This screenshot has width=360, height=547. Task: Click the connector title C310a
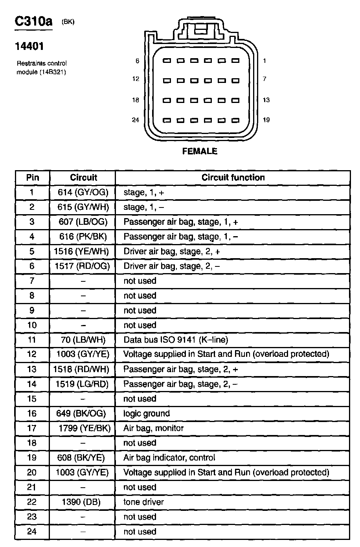pyautogui.click(x=33, y=21)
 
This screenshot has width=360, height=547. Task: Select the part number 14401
pyautogui.click(x=29, y=46)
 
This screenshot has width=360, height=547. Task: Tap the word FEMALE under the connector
pyautogui.click(x=200, y=151)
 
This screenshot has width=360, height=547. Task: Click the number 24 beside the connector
pyautogui.click(x=136, y=120)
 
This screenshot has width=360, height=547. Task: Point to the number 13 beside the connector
pyautogui.click(x=266, y=100)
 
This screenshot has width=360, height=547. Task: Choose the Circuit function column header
pyautogui.click(x=233, y=178)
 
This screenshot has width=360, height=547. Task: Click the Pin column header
pyautogui.click(x=32, y=178)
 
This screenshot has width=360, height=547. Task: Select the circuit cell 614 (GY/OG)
pyautogui.click(x=83, y=193)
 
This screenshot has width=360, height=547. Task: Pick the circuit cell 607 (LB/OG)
pyautogui.click(x=83, y=222)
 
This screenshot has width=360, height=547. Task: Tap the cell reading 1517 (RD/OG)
pyautogui.click(x=82, y=266)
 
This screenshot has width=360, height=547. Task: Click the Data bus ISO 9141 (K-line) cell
pyautogui.click(x=176, y=340)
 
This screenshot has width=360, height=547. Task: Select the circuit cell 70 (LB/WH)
pyautogui.click(x=83, y=340)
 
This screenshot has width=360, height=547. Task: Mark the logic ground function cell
pyautogui.click(x=147, y=413)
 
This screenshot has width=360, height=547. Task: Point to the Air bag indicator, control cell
pyautogui.click(x=169, y=458)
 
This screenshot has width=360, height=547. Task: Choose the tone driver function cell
pyautogui.click(x=143, y=502)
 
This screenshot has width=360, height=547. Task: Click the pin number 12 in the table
pyautogui.click(x=32, y=354)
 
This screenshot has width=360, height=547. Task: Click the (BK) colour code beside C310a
pyautogui.click(x=68, y=22)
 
